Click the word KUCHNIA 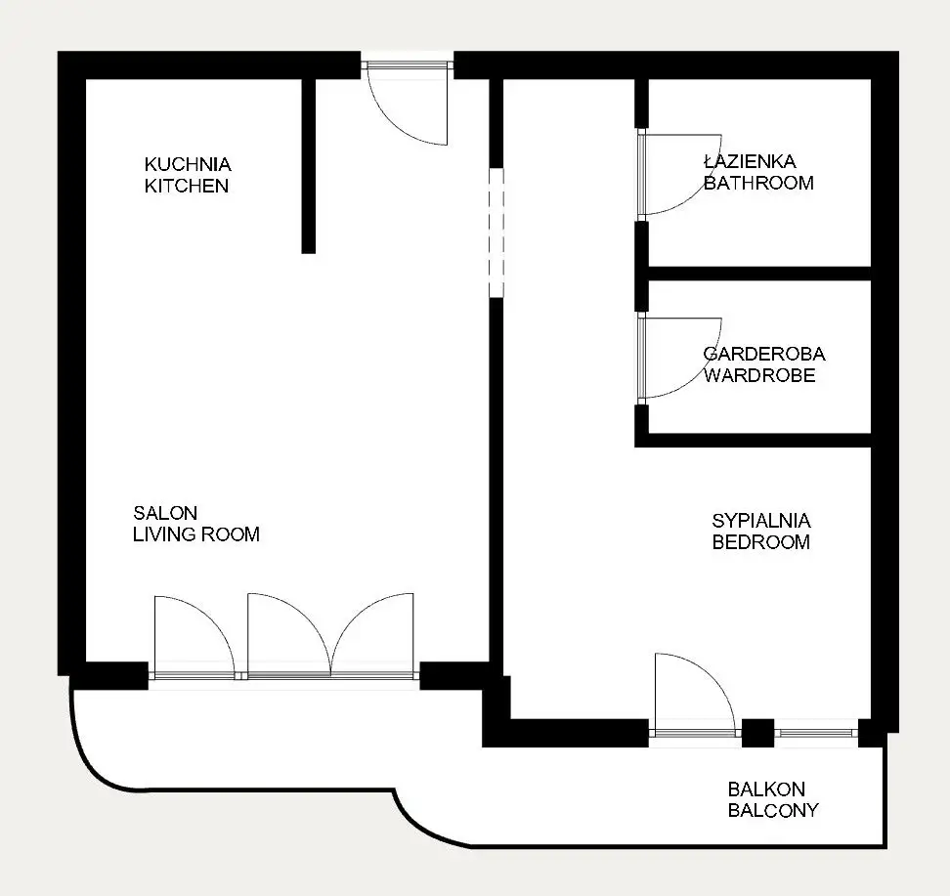click(188, 164)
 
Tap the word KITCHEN click(187, 186)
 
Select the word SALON click(165, 513)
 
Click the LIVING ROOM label click(196, 533)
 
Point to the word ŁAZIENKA click(750, 161)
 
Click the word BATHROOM click(758, 183)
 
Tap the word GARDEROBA click(764, 354)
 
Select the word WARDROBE click(759, 375)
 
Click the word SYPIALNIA click(761, 521)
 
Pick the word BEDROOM click(761, 541)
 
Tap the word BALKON click(766, 789)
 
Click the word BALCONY click(773, 810)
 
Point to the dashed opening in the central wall click(497, 233)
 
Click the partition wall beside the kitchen click(309, 166)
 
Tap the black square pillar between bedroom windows click(757, 733)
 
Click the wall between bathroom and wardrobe click(759, 274)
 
